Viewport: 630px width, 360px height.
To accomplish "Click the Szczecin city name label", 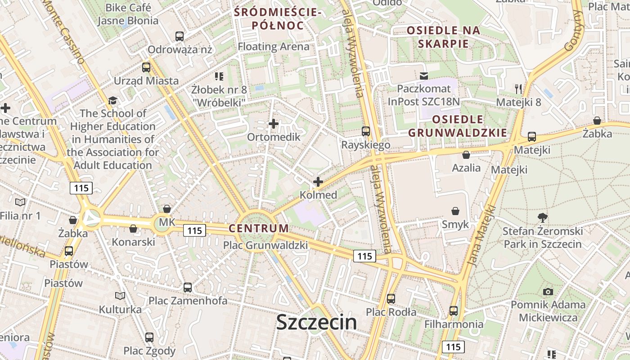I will (x=316, y=322).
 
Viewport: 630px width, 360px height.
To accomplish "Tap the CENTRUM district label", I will (x=258, y=228).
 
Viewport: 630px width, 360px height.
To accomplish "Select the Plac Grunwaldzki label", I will (x=265, y=245).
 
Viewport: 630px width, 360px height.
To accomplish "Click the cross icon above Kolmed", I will (x=318, y=182).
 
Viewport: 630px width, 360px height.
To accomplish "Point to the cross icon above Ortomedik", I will (x=273, y=124).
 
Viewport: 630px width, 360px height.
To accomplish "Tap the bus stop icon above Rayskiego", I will (x=366, y=131).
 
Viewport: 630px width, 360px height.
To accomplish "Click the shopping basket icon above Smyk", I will (x=455, y=211).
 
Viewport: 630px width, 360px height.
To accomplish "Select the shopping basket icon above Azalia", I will (x=466, y=155).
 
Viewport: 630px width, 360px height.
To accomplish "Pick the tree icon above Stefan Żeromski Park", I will (x=542, y=218).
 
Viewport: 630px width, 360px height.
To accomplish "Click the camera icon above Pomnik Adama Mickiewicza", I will (x=548, y=292).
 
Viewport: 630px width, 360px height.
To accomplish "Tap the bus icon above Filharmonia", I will (x=453, y=310).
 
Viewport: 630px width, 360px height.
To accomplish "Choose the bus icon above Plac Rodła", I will (x=391, y=298).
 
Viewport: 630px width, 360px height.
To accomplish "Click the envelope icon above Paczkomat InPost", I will (x=423, y=76).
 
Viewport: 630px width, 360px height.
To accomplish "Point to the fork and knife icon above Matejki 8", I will (x=518, y=89).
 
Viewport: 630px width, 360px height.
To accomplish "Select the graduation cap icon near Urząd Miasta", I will (x=112, y=100).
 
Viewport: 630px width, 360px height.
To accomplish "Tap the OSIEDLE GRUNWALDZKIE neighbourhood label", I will (x=457, y=126).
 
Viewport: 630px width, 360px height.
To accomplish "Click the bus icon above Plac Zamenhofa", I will (x=188, y=287).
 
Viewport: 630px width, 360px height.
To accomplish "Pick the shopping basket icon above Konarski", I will (x=133, y=229).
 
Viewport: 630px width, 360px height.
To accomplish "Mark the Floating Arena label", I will (x=274, y=46).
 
